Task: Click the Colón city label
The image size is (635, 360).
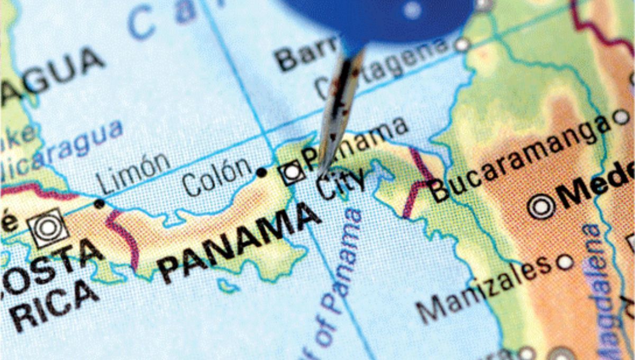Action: click(x=216, y=177)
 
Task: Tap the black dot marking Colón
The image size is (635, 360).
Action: click(x=261, y=173)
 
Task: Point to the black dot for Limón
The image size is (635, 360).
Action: click(x=99, y=203)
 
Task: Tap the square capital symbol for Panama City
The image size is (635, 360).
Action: click(x=292, y=173)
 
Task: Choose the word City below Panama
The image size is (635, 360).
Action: click(x=341, y=185)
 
